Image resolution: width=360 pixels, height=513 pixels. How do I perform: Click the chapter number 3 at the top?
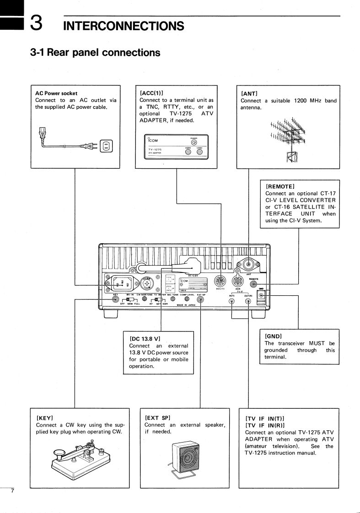click(x=37, y=23)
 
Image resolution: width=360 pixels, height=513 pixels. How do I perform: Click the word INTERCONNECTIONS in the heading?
click(x=124, y=26)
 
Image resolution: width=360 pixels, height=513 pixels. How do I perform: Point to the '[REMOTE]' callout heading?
click(x=280, y=186)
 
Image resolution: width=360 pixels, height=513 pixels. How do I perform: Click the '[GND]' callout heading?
click(x=273, y=336)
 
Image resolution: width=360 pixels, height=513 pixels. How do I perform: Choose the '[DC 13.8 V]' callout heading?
click(x=145, y=339)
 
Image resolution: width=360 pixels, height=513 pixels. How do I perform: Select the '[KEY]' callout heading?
click(x=44, y=417)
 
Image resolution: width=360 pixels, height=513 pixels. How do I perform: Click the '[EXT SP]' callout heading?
click(x=157, y=417)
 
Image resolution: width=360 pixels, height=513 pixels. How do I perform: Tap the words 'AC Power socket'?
click(x=56, y=93)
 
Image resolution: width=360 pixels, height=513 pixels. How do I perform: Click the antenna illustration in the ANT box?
click(x=289, y=137)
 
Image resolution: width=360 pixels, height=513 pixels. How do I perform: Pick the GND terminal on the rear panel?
click(x=261, y=296)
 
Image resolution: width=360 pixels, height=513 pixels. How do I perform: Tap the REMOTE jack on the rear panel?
click(x=254, y=283)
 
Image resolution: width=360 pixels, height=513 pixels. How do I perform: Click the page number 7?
click(x=12, y=492)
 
